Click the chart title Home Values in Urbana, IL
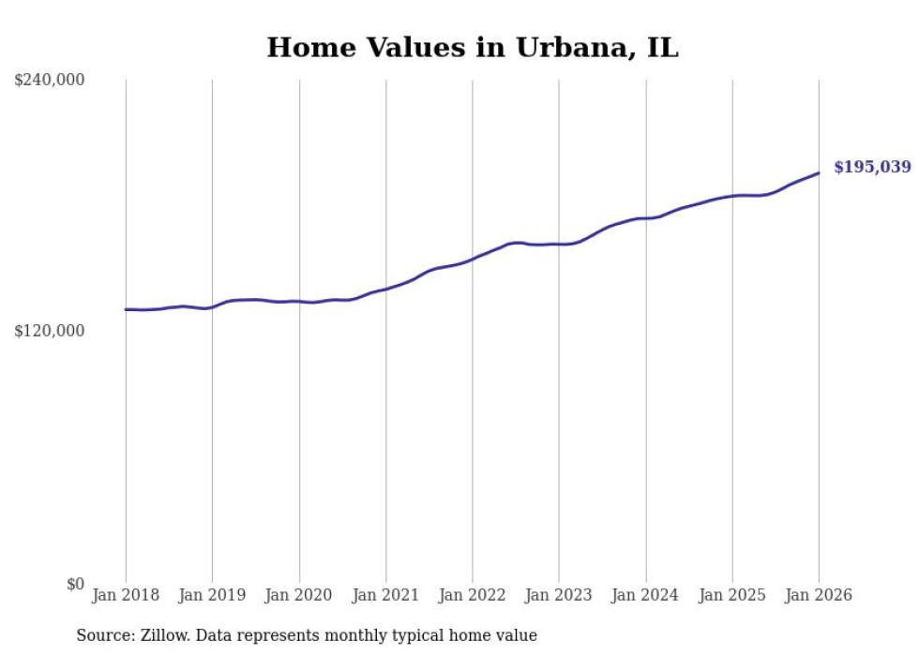tap(472, 48)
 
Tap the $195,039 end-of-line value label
tap(871, 168)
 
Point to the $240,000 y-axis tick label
tap(50, 81)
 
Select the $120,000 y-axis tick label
tap(50, 331)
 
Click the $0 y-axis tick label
tap(75, 584)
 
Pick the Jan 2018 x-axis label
tap(126, 595)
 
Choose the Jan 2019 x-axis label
tap(212, 595)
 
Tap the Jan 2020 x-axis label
tap(299, 595)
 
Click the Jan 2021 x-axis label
tap(385, 595)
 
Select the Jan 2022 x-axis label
tap(473, 595)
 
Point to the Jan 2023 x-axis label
tap(559, 595)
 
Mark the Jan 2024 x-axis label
tap(645, 595)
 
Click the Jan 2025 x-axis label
tap(732, 595)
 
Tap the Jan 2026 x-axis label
tap(819, 595)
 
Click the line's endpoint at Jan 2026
tap(819, 172)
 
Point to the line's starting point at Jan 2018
tap(126, 309)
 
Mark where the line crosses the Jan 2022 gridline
tap(473, 258)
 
